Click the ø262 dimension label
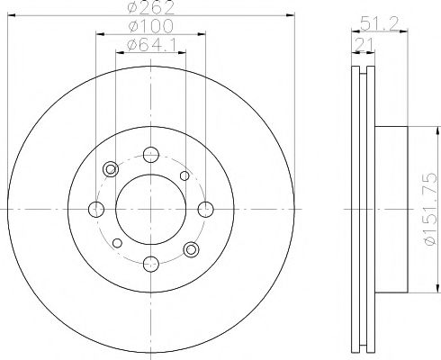point(150,8)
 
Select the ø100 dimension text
point(150,26)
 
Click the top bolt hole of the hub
point(150,154)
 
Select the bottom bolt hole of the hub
point(150,264)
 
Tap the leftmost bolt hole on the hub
point(95,209)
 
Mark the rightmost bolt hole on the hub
point(205,209)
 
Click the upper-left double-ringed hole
point(112,169)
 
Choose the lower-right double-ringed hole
point(190,248)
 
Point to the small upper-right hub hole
point(184,175)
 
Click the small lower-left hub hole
point(116,243)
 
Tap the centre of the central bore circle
point(150,209)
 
